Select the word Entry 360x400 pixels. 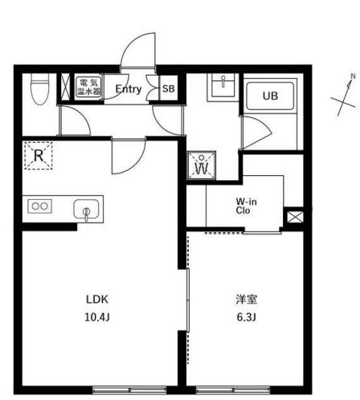129,89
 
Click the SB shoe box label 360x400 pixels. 169,89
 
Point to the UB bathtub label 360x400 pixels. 270,95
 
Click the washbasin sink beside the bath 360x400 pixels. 220,87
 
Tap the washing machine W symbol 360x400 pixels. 200,167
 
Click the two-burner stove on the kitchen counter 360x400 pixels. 40,206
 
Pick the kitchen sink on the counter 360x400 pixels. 84,210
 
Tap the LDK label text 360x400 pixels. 97,300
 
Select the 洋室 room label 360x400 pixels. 246,300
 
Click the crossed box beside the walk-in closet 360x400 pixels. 295,216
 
